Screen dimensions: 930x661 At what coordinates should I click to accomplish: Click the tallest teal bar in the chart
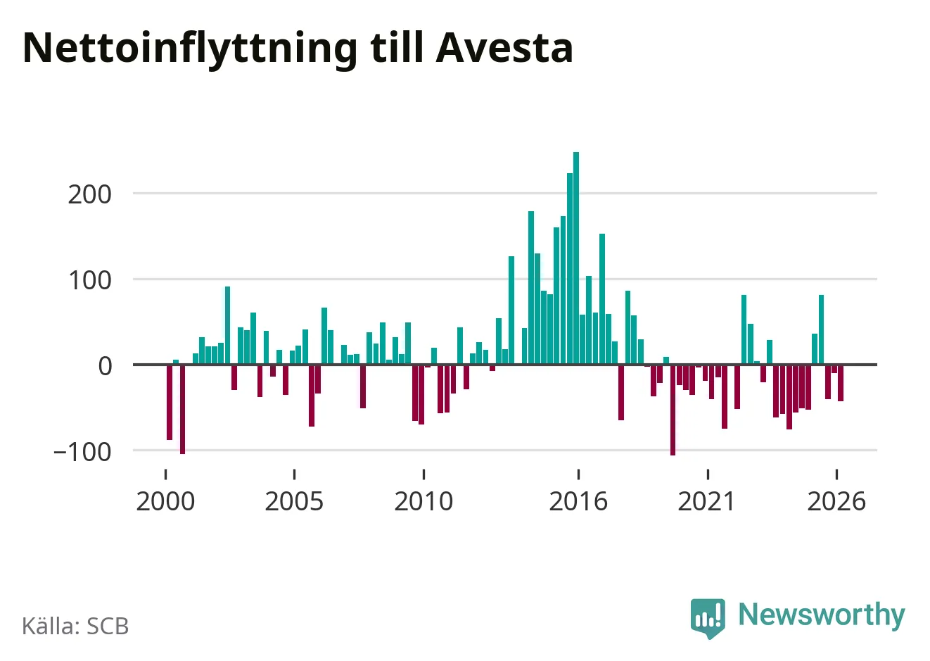tap(576, 258)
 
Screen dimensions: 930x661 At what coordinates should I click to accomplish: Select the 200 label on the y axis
tap(89, 194)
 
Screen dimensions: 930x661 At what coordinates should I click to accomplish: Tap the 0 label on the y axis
tap(105, 367)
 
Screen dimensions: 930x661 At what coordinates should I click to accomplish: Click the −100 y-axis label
tap(82, 452)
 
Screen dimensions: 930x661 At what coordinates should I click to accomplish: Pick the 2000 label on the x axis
tap(165, 501)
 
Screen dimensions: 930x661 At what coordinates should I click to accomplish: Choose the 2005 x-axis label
tap(294, 501)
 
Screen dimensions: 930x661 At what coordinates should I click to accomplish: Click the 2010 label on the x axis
tap(423, 501)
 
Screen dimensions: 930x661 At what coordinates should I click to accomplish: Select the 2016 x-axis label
tap(578, 501)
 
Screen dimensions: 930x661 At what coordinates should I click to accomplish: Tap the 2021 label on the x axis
tap(707, 501)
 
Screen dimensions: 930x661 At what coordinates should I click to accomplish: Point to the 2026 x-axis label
tap(836, 501)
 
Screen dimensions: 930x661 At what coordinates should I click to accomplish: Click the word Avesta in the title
tap(504, 48)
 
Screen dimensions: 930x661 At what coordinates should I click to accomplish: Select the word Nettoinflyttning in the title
tap(190, 51)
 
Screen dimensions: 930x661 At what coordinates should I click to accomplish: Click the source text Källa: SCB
tap(75, 626)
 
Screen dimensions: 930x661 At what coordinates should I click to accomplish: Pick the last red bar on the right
tap(841, 383)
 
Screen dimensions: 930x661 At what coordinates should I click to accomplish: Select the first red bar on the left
tap(170, 402)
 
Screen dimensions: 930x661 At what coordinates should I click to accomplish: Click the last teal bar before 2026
tap(821, 330)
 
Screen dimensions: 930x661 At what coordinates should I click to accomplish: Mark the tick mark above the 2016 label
tap(578, 474)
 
